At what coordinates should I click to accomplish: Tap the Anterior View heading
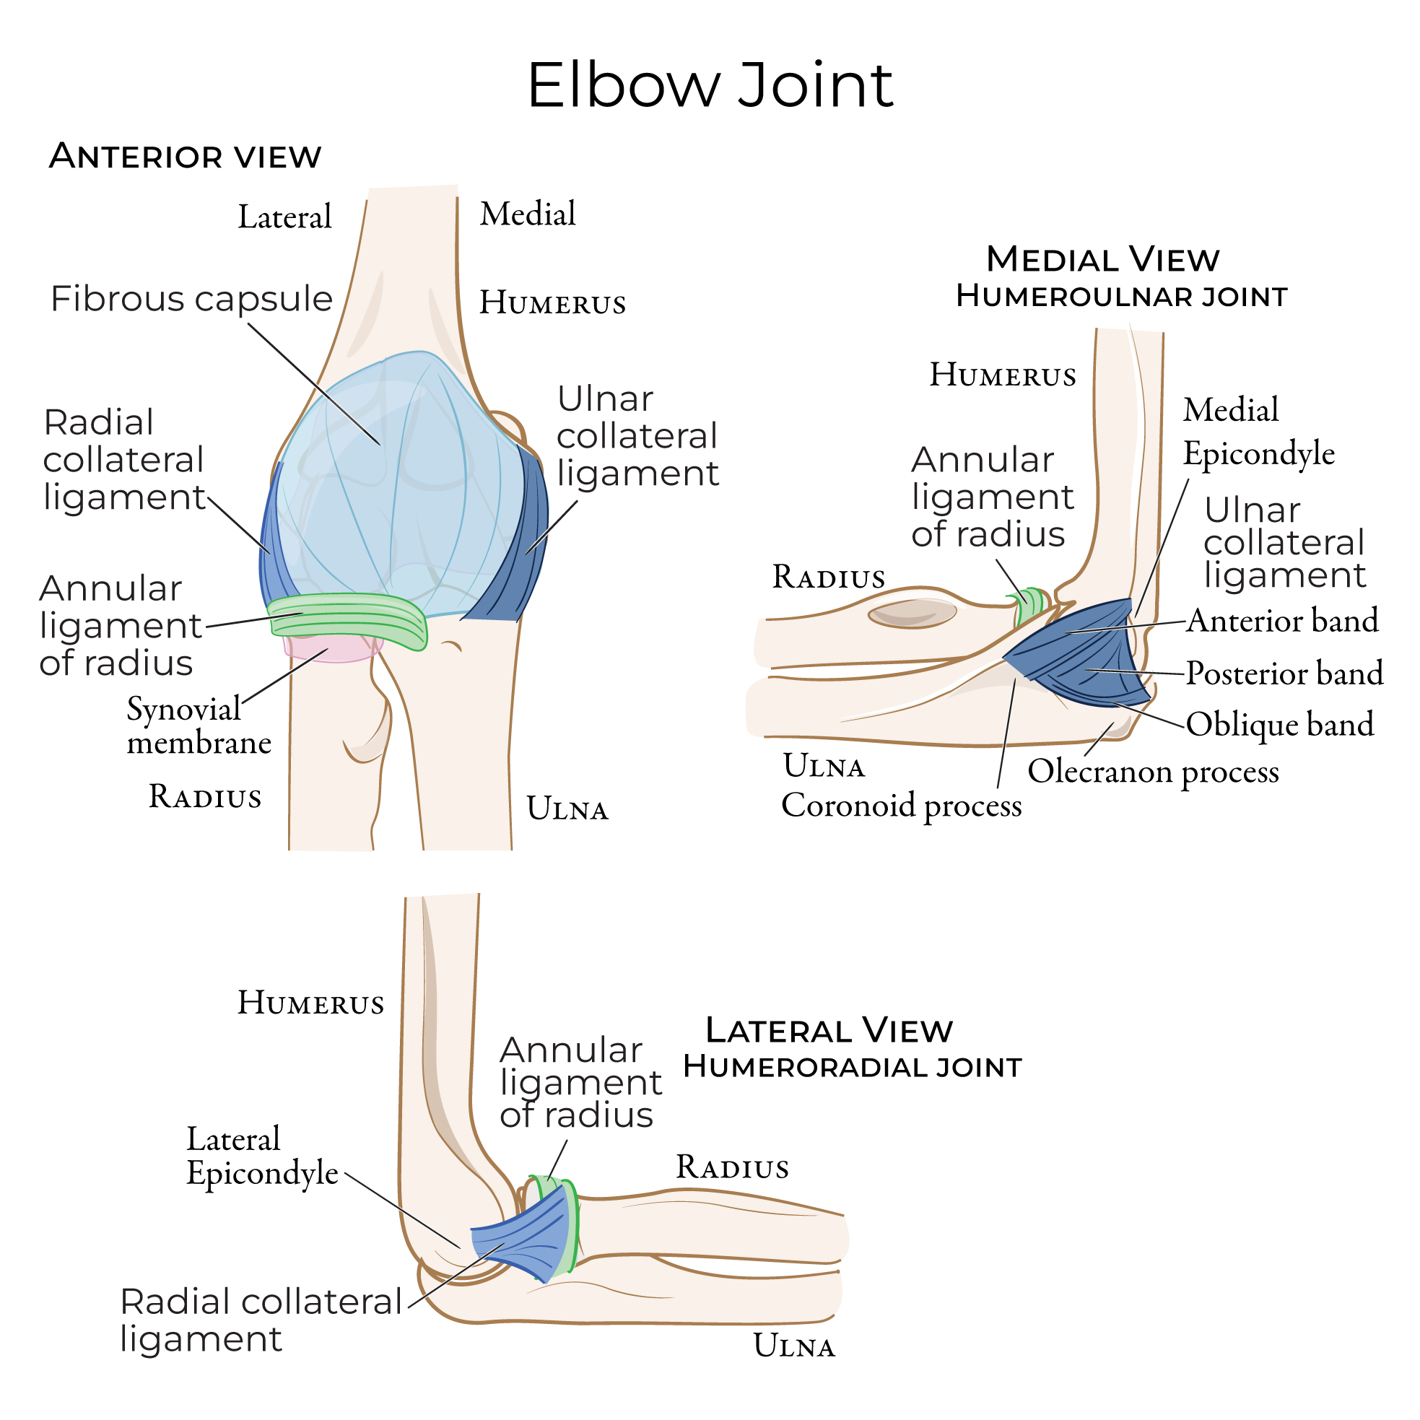click(186, 157)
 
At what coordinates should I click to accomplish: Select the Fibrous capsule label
click(191, 299)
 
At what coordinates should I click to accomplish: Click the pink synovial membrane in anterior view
click(332, 648)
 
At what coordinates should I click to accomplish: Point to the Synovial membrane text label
click(199, 726)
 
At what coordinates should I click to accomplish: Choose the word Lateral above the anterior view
click(285, 217)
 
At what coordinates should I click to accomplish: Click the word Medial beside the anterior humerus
click(528, 214)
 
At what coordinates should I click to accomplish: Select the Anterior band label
click(1282, 620)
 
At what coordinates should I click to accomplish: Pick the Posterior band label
click(1284, 674)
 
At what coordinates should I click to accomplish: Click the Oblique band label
click(1280, 725)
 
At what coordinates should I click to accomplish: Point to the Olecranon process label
click(1153, 772)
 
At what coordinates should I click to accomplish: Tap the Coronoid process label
click(901, 806)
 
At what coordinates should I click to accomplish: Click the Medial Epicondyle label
click(1258, 432)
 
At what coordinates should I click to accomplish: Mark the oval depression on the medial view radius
click(912, 613)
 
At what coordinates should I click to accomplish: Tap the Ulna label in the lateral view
click(795, 1346)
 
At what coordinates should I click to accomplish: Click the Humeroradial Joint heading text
click(853, 1067)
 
